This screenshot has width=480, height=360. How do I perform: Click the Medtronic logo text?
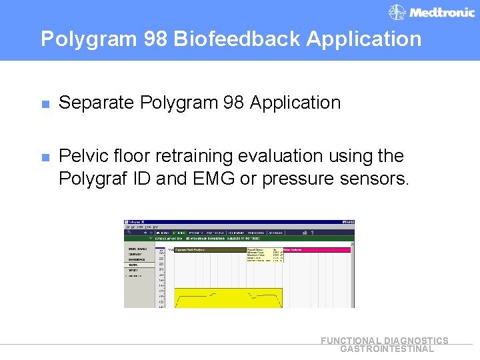click(x=442, y=13)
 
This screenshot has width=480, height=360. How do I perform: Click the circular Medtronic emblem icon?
click(x=397, y=13)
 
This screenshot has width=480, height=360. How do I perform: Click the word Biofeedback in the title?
click(x=238, y=39)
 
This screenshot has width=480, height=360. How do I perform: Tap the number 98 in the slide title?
click(x=155, y=39)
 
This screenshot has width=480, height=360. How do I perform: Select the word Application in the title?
click(x=364, y=39)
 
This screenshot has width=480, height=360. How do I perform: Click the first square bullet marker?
click(x=45, y=104)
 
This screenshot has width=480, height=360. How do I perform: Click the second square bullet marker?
click(x=45, y=157)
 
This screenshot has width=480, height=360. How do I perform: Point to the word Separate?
click(x=97, y=103)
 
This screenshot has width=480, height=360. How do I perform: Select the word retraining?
click(x=195, y=156)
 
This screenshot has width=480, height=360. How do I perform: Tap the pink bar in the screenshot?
click(x=317, y=250)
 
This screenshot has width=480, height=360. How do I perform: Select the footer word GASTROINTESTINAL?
click(x=387, y=349)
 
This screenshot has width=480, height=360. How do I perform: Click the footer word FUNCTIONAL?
click(x=351, y=341)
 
